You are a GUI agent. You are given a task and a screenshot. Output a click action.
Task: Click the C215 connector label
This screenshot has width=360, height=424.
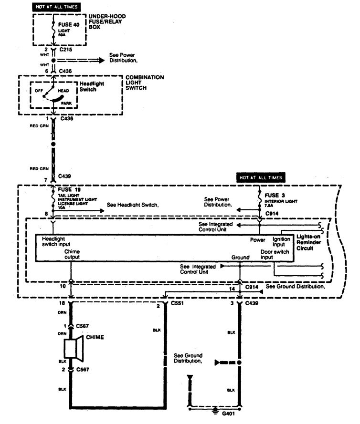pos(66,49)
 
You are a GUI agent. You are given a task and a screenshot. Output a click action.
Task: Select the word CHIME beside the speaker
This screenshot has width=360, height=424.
pos(95,338)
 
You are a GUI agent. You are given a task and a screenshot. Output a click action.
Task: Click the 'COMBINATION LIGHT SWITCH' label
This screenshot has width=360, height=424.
pos(144,83)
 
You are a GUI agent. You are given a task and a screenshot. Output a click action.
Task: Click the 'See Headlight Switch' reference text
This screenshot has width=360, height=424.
pos(132,205)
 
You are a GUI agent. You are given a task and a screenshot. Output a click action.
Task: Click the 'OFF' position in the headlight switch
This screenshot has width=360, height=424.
pos(39,90)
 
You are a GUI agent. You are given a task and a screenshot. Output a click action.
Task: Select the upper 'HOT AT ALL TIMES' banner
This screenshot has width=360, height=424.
pos(56,7)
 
